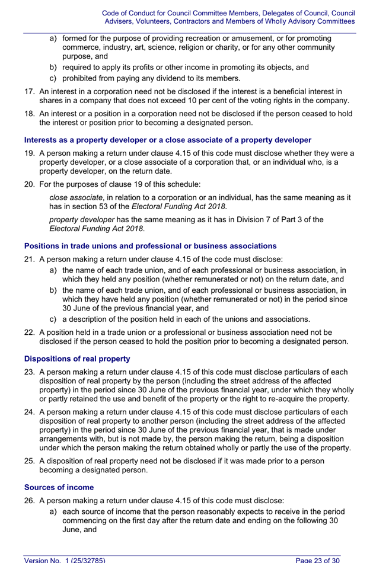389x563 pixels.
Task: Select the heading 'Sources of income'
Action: [x=59, y=487]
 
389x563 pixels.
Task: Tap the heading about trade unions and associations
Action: [x=142, y=245]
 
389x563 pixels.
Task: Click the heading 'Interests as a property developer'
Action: [x=167, y=140]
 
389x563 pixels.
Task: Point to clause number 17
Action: [x=30, y=91]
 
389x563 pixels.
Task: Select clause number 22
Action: [x=30, y=332]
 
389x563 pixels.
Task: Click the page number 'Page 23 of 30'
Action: [x=318, y=559]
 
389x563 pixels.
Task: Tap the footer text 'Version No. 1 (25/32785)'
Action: [x=65, y=559]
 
